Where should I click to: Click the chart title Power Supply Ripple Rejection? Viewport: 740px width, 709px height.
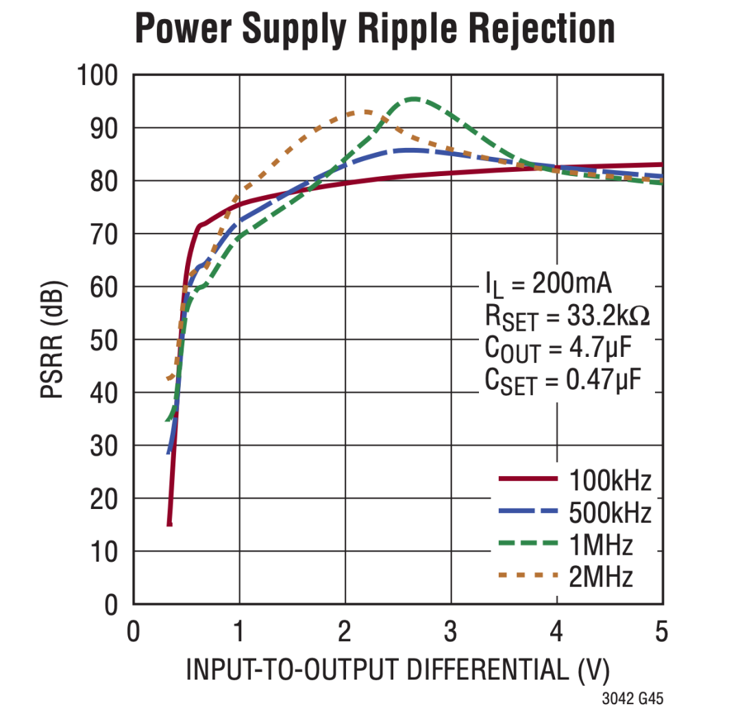coord(375,29)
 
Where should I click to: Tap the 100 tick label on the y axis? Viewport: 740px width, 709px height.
coord(97,75)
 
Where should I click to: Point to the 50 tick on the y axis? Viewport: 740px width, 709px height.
coord(104,340)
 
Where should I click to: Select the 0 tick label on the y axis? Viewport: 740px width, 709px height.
coord(111,605)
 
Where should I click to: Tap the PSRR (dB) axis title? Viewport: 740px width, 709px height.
coord(52,340)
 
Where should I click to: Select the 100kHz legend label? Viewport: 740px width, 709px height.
coord(610,480)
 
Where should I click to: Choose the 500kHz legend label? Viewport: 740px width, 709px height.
coord(610,513)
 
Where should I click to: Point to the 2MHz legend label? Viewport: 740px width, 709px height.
coord(601,576)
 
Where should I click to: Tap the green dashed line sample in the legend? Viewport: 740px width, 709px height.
coord(528,543)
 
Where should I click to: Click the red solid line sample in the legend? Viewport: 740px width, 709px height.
coord(528,479)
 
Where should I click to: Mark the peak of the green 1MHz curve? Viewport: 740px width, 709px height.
coord(414,99)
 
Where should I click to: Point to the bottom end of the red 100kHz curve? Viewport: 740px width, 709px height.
coord(169,525)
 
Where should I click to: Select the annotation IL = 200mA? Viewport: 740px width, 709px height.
coord(548,284)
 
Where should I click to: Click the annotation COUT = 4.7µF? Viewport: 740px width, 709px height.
coord(558,349)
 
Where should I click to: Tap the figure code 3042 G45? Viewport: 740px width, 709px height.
coord(632,698)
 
